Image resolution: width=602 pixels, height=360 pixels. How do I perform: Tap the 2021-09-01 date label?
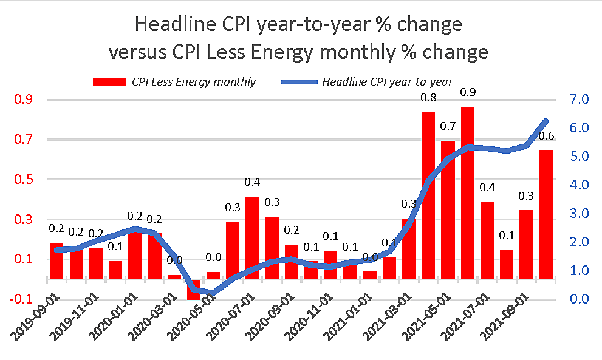(x=507, y=328)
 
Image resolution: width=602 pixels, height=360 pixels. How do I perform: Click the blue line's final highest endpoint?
(x=546, y=121)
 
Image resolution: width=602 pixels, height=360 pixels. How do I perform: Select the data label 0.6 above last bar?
(x=546, y=135)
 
